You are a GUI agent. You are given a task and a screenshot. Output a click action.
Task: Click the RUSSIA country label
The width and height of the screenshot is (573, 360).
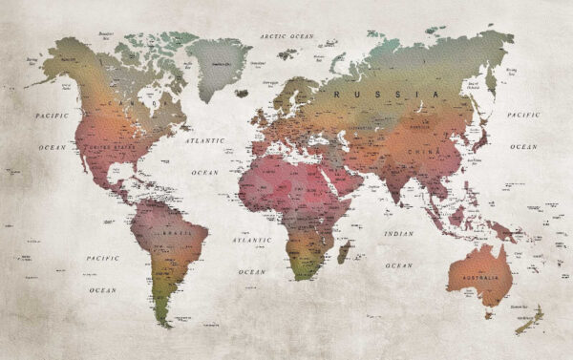(401, 95)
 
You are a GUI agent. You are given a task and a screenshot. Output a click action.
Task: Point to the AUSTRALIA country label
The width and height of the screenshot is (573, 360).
(481, 277)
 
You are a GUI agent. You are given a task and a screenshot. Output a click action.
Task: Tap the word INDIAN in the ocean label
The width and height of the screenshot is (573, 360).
(398, 233)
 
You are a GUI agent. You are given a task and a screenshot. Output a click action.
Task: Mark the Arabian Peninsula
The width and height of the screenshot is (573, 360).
(348, 177)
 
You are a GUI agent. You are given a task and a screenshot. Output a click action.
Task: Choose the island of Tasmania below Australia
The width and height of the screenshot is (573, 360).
(493, 314)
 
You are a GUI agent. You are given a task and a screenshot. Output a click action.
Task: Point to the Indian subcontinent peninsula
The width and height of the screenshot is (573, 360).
(391, 187)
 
